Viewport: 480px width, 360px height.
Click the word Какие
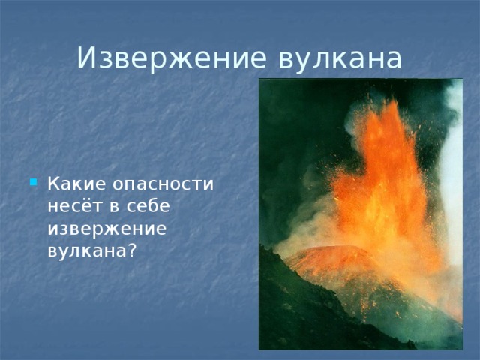(72, 184)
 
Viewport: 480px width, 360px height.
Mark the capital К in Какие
(52, 184)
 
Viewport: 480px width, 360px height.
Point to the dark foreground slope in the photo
(300, 315)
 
